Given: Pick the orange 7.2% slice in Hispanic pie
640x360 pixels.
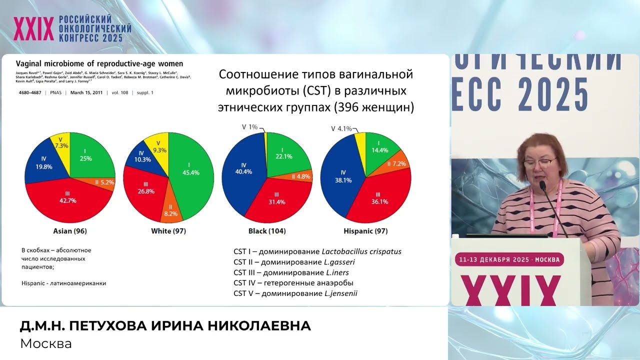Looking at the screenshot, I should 398,164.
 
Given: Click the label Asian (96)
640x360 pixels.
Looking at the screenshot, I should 70,231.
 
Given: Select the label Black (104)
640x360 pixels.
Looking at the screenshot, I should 267,231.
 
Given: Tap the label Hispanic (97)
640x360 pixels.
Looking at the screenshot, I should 365,231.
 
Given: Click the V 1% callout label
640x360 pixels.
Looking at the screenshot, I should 249,127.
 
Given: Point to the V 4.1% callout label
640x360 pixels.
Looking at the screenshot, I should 342,128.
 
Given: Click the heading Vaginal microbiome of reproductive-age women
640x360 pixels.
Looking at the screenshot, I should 99,64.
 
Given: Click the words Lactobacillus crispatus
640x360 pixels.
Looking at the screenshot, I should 361,251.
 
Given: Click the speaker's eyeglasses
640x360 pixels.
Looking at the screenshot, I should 540,161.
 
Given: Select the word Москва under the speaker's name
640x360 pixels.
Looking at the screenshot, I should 46,344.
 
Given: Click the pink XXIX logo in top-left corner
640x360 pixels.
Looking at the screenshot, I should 33,28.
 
